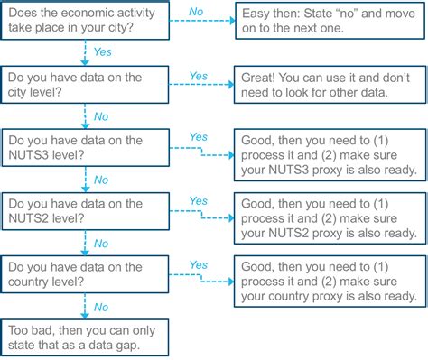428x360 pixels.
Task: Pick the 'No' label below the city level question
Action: coord(99,117)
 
